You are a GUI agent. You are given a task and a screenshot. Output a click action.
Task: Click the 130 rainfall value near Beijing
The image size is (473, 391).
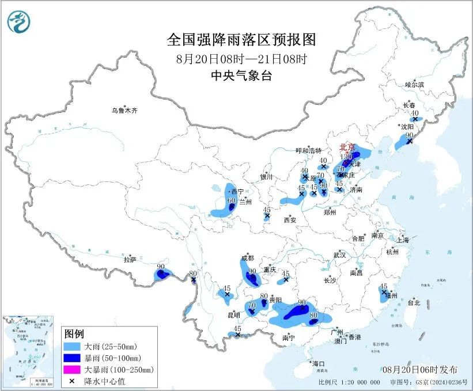[x=346, y=157]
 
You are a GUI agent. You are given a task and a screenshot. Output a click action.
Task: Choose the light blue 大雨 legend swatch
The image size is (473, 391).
[x=73, y=347]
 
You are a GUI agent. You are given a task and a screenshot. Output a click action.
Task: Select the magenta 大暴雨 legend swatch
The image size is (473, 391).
[x=73, y=369]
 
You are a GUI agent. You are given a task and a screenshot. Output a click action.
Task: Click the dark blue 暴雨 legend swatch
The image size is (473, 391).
[x=73, y=358]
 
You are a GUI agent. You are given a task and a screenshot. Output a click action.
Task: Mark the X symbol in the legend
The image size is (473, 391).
[x=73, y=380]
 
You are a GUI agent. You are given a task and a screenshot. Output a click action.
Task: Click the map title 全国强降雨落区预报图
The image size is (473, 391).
[x=241, y=40]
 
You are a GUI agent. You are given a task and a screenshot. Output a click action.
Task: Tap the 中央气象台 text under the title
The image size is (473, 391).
[x=241, y=75]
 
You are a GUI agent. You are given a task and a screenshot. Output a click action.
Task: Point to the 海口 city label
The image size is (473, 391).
[x=318, y=364]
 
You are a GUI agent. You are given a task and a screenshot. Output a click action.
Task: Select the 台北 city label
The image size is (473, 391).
[x=413, y=302]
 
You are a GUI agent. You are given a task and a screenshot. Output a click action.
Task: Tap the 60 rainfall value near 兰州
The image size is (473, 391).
[x=232, y=200]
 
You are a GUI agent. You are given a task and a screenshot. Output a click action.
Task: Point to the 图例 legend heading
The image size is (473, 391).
[x=74, y=334]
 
